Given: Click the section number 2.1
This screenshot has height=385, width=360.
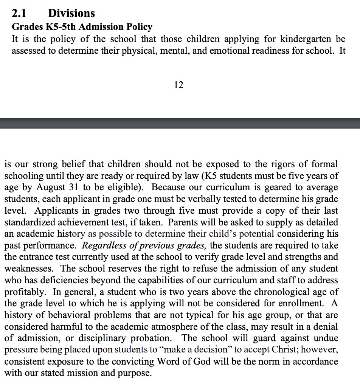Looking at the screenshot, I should click(19, 14).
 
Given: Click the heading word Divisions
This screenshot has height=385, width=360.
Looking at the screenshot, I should click(71, 14).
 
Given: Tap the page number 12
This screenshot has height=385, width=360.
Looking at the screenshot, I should click(178, 85).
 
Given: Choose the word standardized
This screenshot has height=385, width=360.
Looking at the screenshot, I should click(34, 222).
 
